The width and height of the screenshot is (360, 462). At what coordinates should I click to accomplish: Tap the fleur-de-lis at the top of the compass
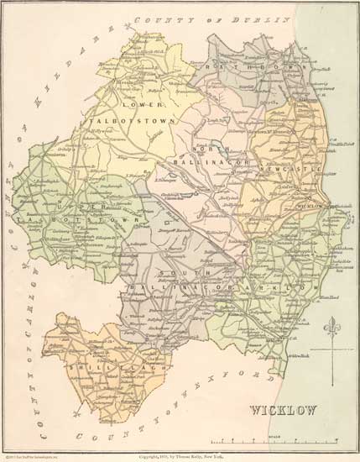[337, 321]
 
